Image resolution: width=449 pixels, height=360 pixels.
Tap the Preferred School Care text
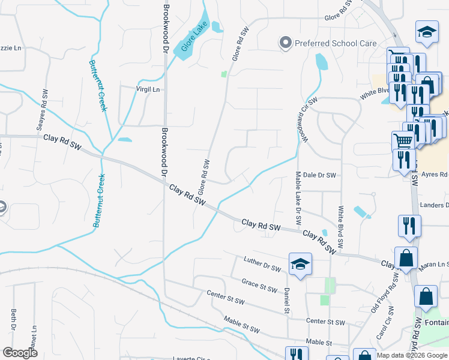[336, 43]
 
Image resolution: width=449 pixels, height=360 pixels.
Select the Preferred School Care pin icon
[285, 43]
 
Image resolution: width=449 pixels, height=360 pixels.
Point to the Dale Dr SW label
[319, 175]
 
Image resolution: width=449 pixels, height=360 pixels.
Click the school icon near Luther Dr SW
[300, 264]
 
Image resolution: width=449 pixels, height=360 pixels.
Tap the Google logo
[20, 352]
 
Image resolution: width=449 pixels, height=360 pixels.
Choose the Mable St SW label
[241, 325]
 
